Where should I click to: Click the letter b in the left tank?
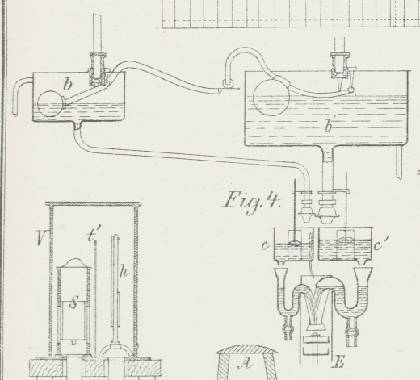(x=68, y=84)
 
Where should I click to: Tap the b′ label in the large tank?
(x=329, y=126)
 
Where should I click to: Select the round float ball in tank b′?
(x=271, y=97)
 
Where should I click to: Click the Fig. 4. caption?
(x=252, y=202)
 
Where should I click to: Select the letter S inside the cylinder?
(x=73, y=303)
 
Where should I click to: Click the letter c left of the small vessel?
(x=265, y=245)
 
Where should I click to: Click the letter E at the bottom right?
(x=338, y=361)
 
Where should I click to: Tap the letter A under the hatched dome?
(x=245, y=364)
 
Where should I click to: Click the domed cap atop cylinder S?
(x=74, y=263)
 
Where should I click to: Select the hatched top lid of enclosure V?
(x=93, y=204)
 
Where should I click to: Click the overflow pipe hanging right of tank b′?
(x=399, y=162)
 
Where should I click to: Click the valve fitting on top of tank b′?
(x=341, y=67)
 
